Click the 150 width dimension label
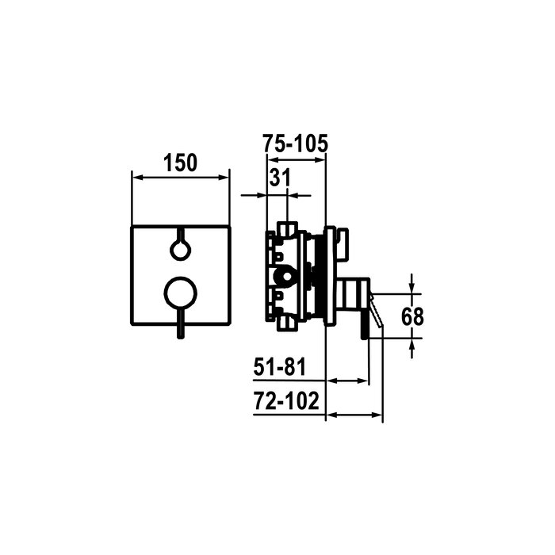pyautogui.click(x=180, y=163)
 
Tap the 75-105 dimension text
pyautogui.click(x=295, y=144)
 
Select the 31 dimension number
pyautogui.click(x=280, y=178)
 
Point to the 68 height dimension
pyautogui.click(x=412, y=316)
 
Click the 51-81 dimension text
pyautogui.click(x=279, y=366)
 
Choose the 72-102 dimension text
pyautogui.click(x=286, y=400)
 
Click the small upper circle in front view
pyautogui.click(x=181, y=250)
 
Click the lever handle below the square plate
pyautogui.click(x=181, y=324)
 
